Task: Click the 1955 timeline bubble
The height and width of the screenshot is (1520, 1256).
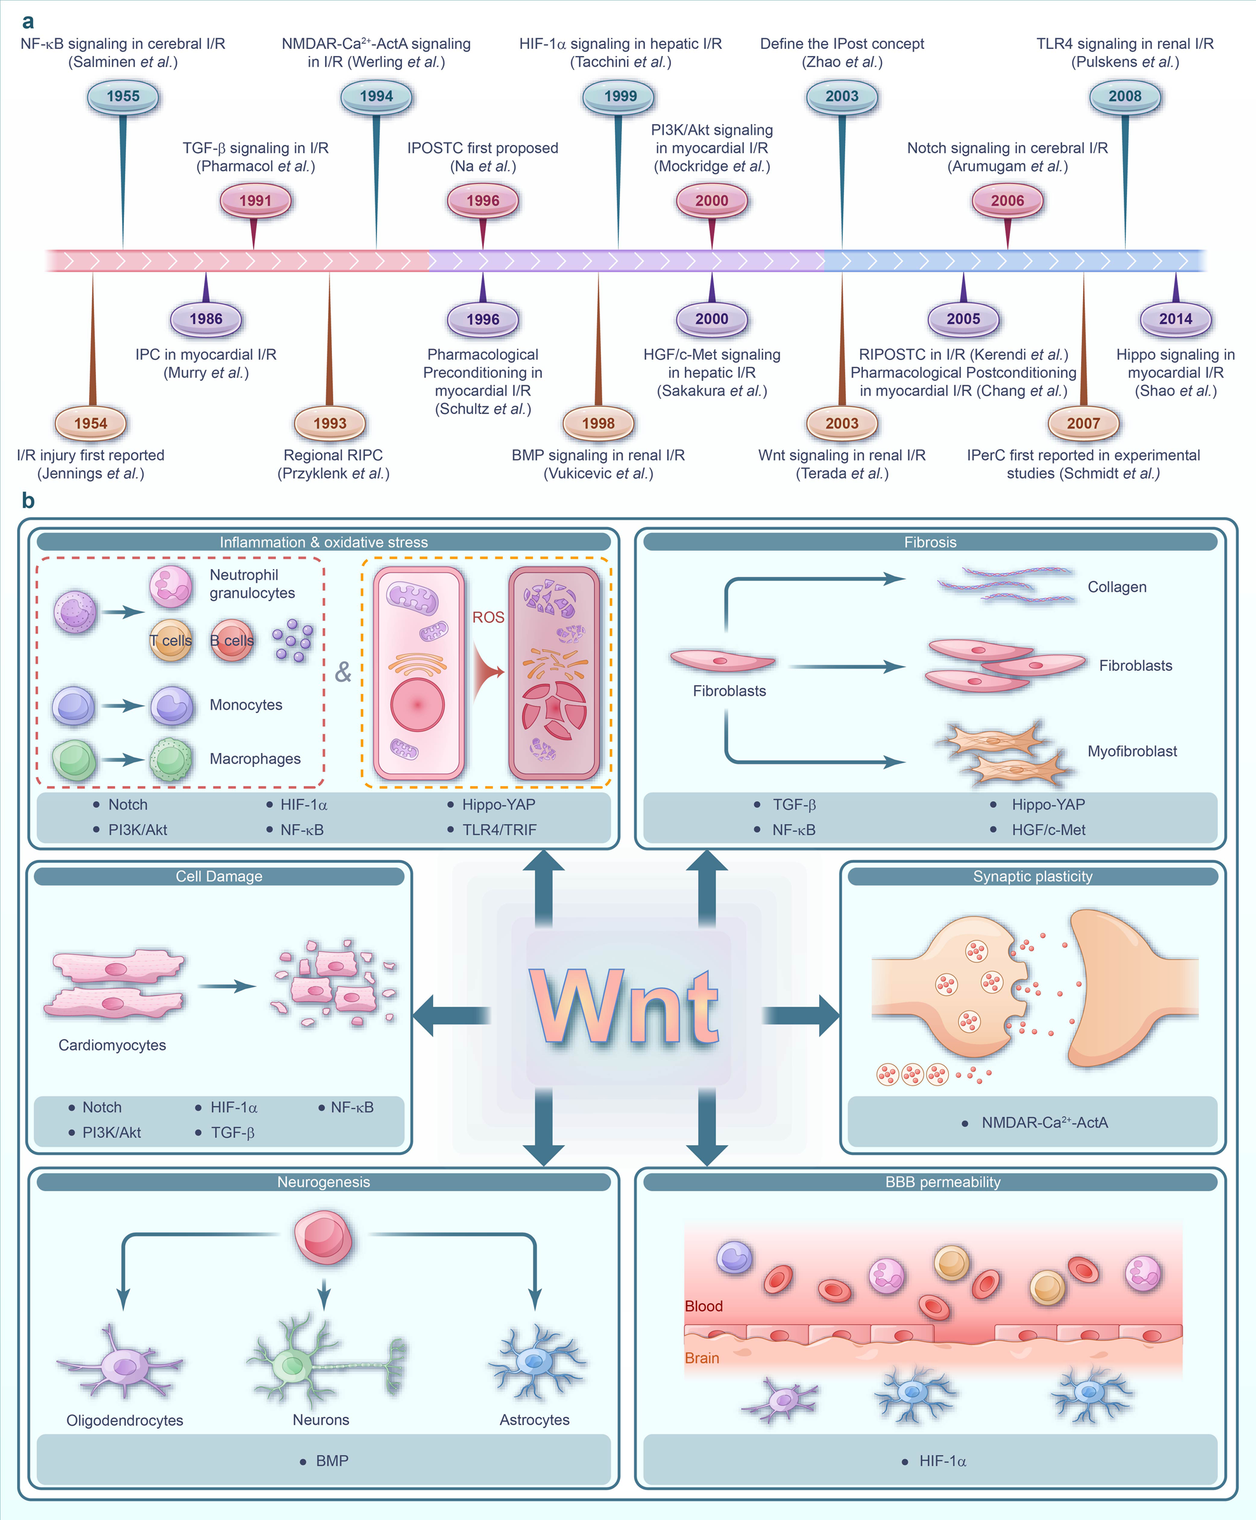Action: click(x=123, y=96)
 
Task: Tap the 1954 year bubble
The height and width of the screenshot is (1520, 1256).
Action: click(x=90, y=423)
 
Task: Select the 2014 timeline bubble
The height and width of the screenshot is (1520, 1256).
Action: click(x=1175, y=319)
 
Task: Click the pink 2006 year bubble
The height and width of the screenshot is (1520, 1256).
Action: click(x=1007, y=200)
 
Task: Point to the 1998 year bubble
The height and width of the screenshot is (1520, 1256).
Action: click(x=598, y=423)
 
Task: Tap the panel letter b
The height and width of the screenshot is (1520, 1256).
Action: click(x=27, y=501)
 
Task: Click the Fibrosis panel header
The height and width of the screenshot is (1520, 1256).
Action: click(x=930, y=542)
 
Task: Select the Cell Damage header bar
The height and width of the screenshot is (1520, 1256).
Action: click(x=219, y=876)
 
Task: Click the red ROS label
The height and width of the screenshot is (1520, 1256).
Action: click(x=488, y=617)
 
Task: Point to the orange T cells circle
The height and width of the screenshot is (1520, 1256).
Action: click(x=170, y=640)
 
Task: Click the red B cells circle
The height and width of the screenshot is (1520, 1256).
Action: click(x=232, y=640)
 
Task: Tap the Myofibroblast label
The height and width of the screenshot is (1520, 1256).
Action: click(x=1131, y=751)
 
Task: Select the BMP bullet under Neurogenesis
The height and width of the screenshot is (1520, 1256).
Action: click(x=331, y=1461)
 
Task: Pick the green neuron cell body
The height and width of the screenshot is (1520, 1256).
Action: click(x=293, y=1365)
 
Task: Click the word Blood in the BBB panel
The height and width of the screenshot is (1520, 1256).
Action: click(x=703, y=1306)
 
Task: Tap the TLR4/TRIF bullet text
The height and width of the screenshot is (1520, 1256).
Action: click(x=499, y=830)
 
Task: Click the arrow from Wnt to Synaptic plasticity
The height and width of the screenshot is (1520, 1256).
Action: click(x=802, y=1015)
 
